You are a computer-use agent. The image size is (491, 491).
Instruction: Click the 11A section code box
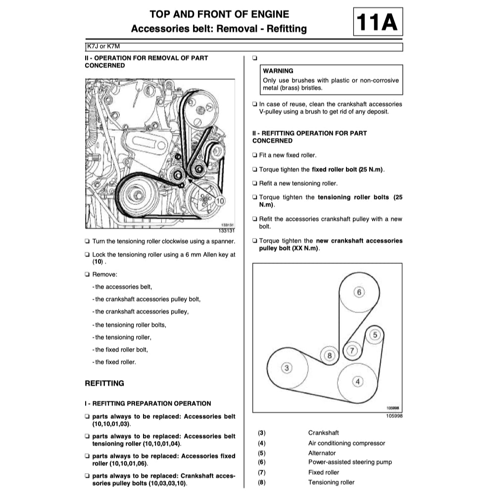[x=378, y=22]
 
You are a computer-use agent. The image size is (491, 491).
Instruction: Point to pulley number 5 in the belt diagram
[x=375, y=335]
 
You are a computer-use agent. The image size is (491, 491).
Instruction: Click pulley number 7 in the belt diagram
[x=352, y=350]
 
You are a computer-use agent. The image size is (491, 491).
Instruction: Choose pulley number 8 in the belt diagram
[x=330, y=355]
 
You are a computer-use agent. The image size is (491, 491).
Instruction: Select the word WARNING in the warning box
[x=278, y=71]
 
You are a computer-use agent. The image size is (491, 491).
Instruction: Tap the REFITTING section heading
[x=104, y=383]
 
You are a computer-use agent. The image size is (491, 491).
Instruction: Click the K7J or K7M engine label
[x=103, y=47]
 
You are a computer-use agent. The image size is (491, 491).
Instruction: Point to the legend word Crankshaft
[x=323, y=433]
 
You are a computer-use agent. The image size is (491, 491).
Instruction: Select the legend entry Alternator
[x=322, y=453]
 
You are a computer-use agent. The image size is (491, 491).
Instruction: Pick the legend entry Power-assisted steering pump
[x=350, y=462]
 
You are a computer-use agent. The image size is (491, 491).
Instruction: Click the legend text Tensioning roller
[x=331, y=482]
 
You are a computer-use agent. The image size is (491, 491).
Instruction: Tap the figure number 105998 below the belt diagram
[x=394, y=416]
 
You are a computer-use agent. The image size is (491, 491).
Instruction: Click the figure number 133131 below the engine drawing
[x=226, y=231]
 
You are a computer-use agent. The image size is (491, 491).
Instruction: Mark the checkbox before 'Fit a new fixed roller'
[x=254, y=155]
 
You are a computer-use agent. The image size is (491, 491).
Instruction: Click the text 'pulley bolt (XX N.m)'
[x=290, y=248]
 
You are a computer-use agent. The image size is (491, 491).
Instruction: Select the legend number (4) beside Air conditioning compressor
[x=262, y=443]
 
